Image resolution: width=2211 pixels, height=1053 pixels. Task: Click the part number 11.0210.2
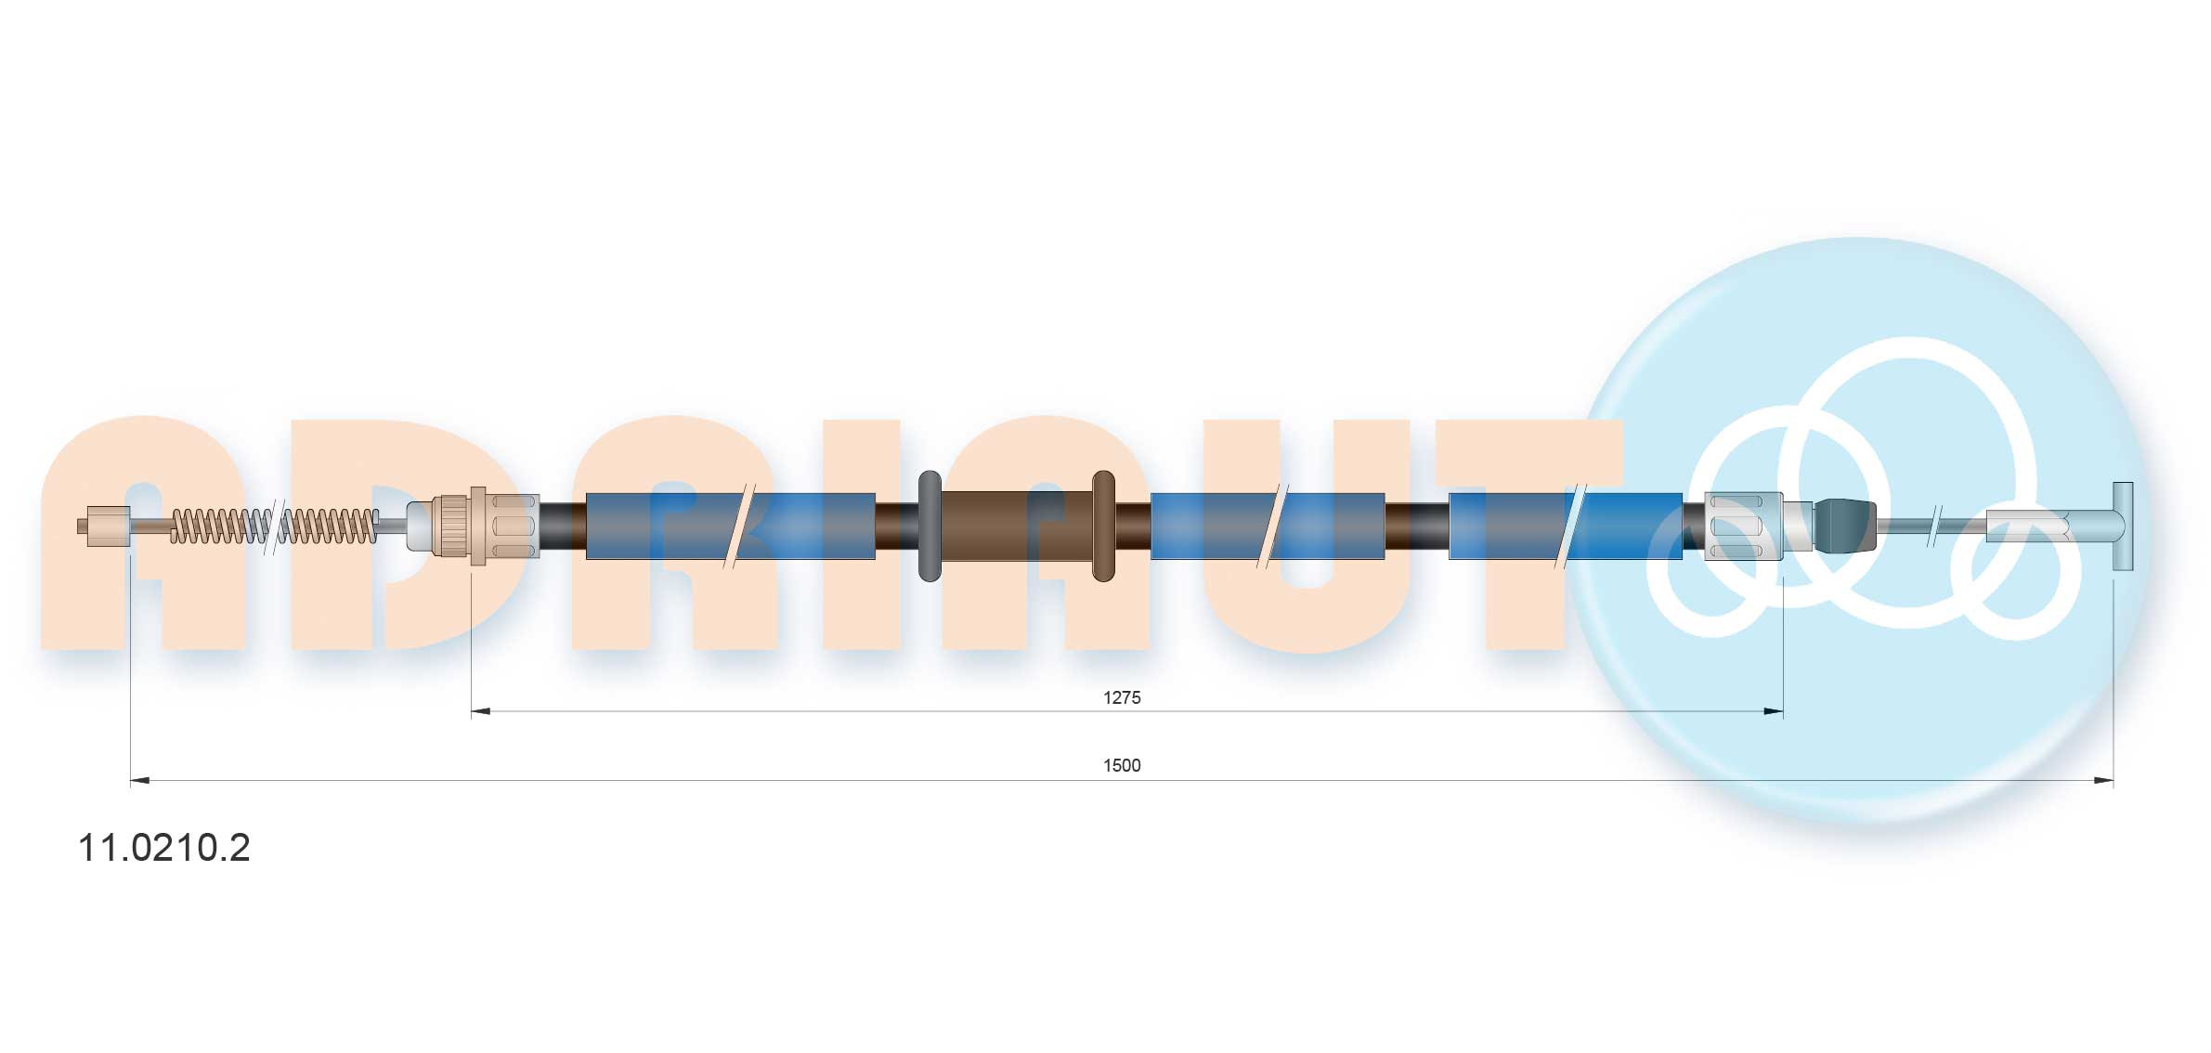point(163,848)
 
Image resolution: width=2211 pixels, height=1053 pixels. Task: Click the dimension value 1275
point(1122,697)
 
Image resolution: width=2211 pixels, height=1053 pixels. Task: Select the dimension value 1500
point(1122,765)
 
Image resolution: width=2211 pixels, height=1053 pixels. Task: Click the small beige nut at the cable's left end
point(104,526)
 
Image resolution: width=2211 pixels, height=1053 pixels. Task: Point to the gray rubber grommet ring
point(930,526)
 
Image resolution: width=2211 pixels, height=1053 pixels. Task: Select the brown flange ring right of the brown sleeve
point(1103,526)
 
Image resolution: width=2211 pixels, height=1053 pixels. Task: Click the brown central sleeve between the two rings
point(1017,526)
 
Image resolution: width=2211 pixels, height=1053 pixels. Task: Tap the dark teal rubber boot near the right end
point(1844,526)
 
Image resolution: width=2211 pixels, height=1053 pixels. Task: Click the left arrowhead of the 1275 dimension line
point(480,712)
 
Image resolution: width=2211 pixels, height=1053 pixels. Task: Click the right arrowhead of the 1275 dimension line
point(1774,712)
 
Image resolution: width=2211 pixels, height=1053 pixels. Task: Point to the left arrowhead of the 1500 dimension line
point(140,781)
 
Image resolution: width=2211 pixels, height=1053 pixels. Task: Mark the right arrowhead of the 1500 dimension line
point(2103,781)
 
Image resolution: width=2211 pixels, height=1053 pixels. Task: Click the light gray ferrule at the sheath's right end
point(1745,526)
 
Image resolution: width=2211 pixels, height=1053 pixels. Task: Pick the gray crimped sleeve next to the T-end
point(2031,526)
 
